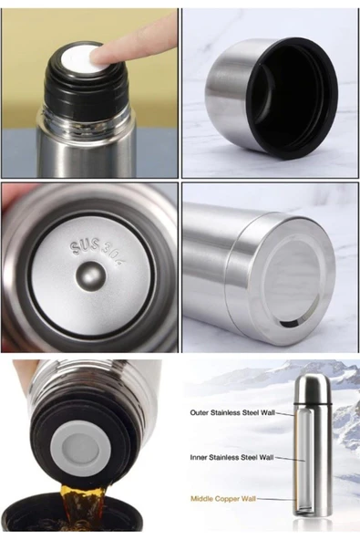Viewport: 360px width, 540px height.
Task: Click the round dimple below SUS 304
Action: click(x=91, y=276)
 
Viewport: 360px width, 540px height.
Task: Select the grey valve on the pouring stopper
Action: click(x=81, y=446)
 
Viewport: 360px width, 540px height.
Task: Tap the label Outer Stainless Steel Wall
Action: click(x=232, y=412)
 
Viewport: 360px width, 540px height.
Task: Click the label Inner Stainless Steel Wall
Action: click(x=232, y=458)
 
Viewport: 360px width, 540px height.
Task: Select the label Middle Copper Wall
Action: click(x=223, y=499)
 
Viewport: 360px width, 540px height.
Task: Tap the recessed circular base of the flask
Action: click(x=295, y=283)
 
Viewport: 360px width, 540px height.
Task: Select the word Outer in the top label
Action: click(x=199, y=412)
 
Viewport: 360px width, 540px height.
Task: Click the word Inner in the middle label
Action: click(x=199, y=458)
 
